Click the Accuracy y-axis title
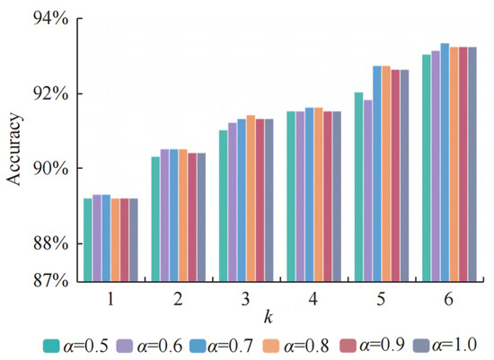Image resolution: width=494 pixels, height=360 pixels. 15,149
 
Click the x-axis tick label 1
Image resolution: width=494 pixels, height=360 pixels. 110,297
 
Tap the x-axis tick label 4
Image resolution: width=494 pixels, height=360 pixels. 312,297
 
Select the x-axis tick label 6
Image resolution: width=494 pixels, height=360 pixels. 446,297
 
